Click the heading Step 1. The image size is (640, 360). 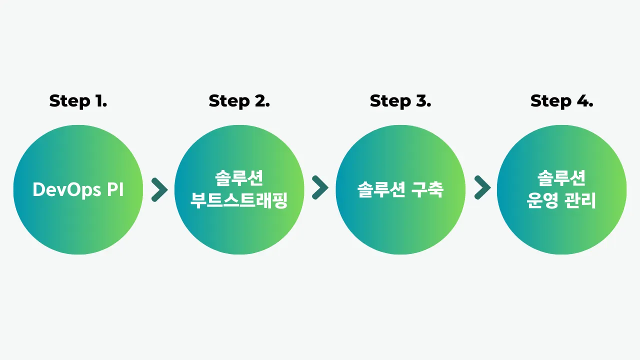78,101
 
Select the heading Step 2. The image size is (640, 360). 239,101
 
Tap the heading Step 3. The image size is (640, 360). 400,101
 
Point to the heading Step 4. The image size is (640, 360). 561,101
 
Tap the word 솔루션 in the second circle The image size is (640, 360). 239,178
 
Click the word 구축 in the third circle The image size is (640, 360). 428,189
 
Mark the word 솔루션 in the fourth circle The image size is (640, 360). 561,178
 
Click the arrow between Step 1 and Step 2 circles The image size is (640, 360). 159,189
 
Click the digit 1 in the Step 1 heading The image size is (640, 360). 98,101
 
